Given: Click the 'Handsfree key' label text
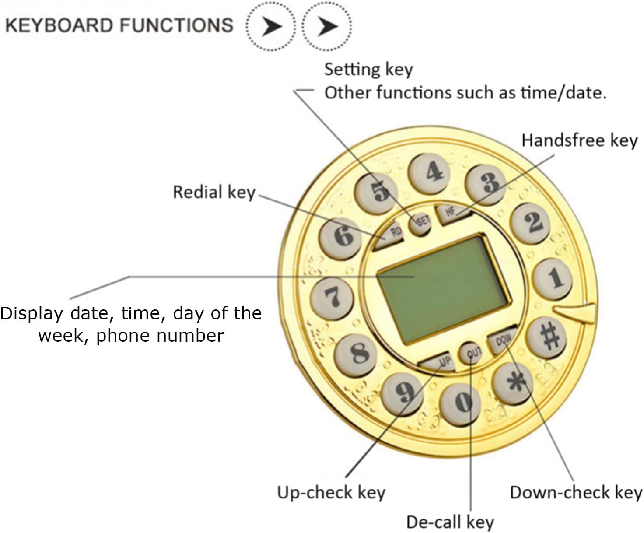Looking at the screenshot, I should click(x=579, y=140).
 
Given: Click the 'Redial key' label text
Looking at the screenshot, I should click(x=214, y=192).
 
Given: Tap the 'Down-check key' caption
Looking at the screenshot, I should click(x=576, y=493).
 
